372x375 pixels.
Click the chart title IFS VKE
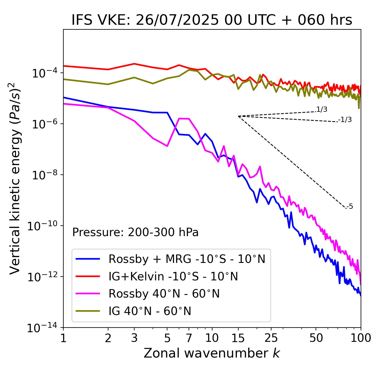[212, 20]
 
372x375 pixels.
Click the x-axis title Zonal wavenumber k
[212, 353]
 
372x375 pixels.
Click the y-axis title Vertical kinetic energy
[15, 178]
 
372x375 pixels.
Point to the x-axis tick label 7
[189, 338]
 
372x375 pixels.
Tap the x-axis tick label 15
[238, 338]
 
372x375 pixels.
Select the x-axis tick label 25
[271, 338]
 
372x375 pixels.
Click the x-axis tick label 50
[316, 338]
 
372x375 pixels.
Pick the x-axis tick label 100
[360, 338]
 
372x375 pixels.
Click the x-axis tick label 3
[134, 338]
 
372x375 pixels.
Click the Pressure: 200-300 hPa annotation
[135, 232]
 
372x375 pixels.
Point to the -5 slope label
[350, 207]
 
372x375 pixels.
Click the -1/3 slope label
[345, 120]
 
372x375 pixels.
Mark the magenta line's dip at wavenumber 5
[167, 146]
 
